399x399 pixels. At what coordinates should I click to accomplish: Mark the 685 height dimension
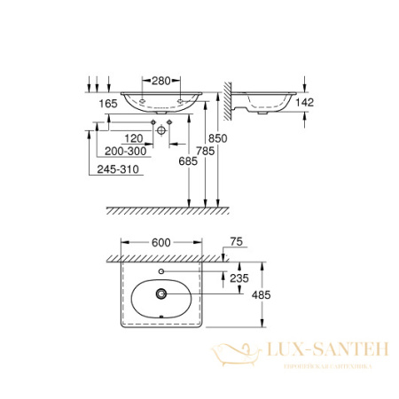click(x=185, y=161)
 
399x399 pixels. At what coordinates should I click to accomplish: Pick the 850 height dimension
click(x=223, y=138)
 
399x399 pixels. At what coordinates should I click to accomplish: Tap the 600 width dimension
click(x=160, y=240)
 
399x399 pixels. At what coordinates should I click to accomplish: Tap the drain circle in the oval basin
click(x=160, y=293)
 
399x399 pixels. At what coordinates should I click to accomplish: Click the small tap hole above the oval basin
click(x=160, y=270)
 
